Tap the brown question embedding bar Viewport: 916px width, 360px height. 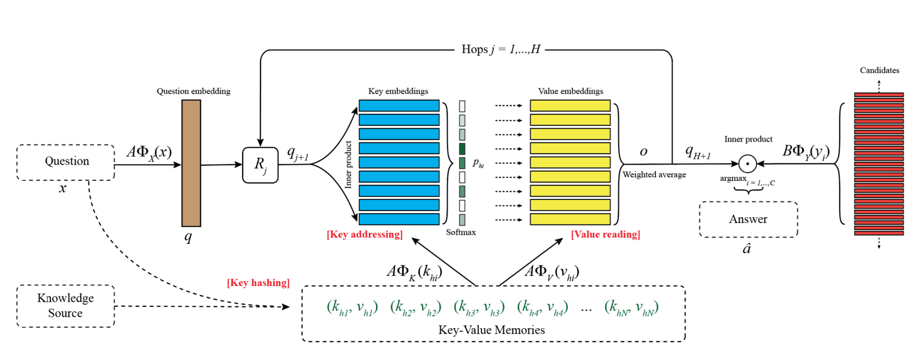[x=191, y=163]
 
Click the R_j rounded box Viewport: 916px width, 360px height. [x=260, y=165]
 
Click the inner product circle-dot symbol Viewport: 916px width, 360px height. [x=747, y=164]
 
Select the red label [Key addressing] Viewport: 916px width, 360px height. [x=364, y=235]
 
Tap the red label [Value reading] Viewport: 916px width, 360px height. [x=605, y=235]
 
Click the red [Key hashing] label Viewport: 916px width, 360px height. [x=258, y=283]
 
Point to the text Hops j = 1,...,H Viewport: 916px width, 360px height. [x=501, y=50]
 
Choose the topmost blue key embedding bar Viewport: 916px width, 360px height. [x=399, y=106]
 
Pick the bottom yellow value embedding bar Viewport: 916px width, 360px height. [x=570, y=219]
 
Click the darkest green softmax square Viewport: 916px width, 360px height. [x=462, y=149]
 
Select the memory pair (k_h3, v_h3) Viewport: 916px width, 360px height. [x=479, y=307]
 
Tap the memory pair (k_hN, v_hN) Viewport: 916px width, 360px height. [x=631, y=307]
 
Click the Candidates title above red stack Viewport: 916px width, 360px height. [x=879, y=70]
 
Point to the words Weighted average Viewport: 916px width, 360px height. [x=654, y=175]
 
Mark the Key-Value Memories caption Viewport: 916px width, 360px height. [x=491, y=330]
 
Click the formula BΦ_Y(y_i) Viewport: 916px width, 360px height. [x=806, y=152]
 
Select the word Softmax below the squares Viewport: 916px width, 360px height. [x=461, y=232]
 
